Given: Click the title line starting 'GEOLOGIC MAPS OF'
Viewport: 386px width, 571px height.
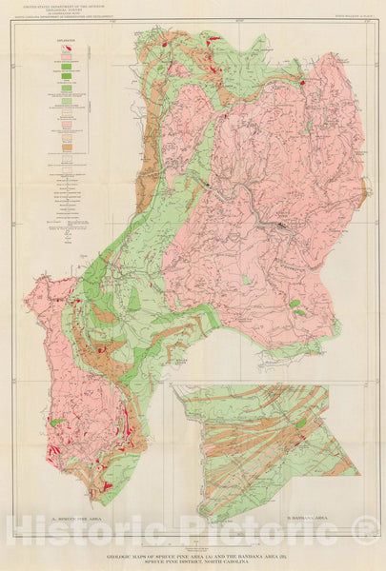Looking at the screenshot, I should [x=193, y=553].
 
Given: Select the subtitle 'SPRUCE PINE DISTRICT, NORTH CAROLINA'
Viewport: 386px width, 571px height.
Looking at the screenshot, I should [x=193, y=560].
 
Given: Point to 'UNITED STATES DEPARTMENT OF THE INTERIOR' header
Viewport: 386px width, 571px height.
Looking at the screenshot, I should [x=62, y=8].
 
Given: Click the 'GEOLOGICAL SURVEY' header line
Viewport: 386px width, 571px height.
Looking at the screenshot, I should [x=62, y=12].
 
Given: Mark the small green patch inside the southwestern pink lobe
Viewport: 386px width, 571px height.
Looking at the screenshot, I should [x=58, y=421].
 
